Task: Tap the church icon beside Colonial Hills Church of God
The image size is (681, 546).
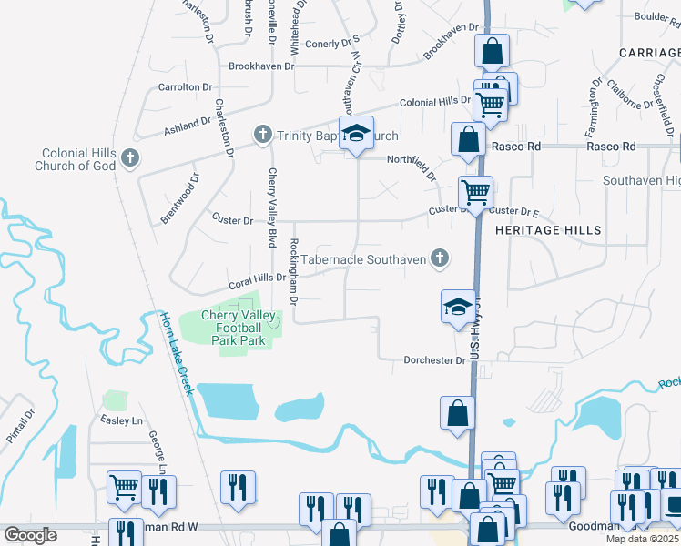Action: tap(129, 158)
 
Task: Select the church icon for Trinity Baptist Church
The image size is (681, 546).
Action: tap(263, 136)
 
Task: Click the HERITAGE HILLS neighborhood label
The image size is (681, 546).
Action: tap(548, 230)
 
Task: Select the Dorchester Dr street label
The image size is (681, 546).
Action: tap(435, 360)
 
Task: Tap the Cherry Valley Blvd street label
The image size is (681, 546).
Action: tap(271, 207)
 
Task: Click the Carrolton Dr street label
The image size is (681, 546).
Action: tap(185, 87)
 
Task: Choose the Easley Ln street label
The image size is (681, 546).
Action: tap(125, 421)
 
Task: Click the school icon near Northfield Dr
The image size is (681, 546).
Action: tap(357, 133)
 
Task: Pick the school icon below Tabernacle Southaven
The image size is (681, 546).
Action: tap(458, 306)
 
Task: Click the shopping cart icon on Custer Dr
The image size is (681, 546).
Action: tap(475, 192)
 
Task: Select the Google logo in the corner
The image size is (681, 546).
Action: tap(30, 534)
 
